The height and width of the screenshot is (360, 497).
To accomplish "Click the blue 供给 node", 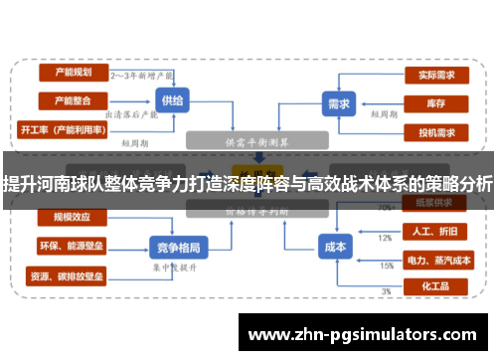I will (x=171, y=101).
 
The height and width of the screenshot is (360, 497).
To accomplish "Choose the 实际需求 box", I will (x=436, y=74).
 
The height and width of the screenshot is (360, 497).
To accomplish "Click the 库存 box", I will (x=436, y=102).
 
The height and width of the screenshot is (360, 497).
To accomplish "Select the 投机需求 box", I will (x=436, y=131).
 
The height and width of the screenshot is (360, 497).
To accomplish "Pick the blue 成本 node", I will (x=335, y=246).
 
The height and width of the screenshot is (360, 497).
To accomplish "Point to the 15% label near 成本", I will (x=386, y=266).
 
